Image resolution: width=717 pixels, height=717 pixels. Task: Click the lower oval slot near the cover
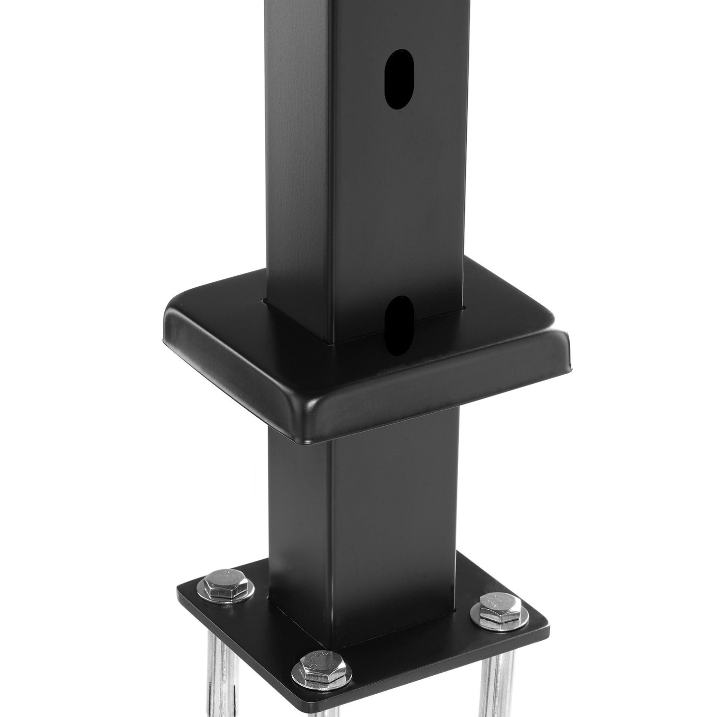pos(398,325)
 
